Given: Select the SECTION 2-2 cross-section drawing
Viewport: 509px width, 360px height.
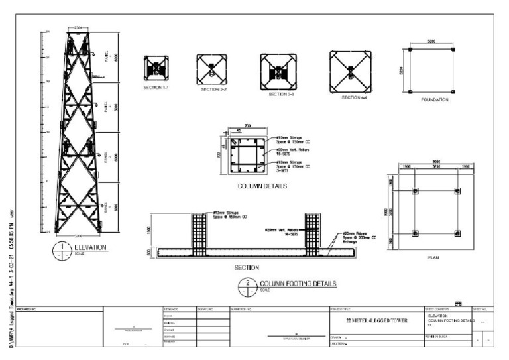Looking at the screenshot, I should tap(211, 69).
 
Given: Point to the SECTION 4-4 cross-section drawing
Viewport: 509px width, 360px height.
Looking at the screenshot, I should tap(350, 72).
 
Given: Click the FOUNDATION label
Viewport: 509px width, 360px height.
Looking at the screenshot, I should tap(435, 100).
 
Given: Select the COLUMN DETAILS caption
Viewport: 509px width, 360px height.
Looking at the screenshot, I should tap(262, 186).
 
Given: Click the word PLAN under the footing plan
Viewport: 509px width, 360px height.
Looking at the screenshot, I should tap(434, 257).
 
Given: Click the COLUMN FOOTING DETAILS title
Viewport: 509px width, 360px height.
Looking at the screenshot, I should tap(298, 284).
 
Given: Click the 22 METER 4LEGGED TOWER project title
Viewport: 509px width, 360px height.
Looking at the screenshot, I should tap(375, 321).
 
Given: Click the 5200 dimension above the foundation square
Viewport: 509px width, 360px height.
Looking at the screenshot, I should tap(435, 42).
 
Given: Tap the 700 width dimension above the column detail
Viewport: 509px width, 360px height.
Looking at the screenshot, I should tap(247, 125).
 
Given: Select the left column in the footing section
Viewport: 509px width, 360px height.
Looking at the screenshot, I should tap(199, 234).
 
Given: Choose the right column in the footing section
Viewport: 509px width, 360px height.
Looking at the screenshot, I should tap(312, 234).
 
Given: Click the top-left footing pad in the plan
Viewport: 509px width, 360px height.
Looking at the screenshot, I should tap(415, 191).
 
